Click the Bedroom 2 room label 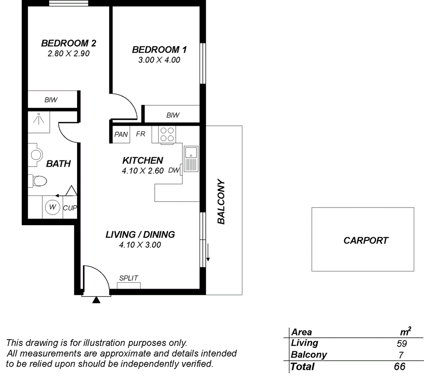point(68,43)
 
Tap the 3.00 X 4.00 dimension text point(159,60)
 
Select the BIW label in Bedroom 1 point(173,115)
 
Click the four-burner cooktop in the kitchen point(167,134)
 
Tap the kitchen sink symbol point(190,159)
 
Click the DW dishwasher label point(173,170)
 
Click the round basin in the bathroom point(36,154)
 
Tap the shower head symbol point(39,119)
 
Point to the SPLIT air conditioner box point(129,285)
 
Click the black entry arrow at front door point(96,300)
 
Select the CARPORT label point(366,240)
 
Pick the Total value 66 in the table point(399,367)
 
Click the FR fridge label point(140,134)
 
